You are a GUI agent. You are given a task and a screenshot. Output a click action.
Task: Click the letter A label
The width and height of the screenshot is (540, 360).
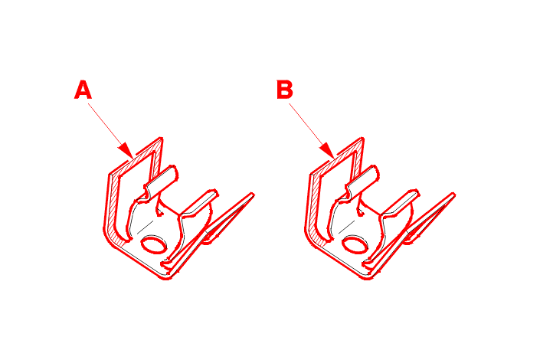(x=83, y=90)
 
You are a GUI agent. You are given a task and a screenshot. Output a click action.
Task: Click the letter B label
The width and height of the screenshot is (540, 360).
(x=285, y=90)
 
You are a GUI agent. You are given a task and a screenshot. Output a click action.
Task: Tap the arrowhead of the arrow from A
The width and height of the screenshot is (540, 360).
(x=126, y=151)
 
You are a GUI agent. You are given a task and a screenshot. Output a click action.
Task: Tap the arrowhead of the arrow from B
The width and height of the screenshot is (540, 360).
(x=328, y=151)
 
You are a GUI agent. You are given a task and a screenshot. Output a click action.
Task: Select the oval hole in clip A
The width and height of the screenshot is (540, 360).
(x=154, y=245)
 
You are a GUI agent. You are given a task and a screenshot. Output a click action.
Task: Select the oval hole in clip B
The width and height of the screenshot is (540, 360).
(x=355, y=245)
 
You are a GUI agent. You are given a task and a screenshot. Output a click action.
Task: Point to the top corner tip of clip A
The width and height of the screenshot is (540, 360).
(x=161, y=139)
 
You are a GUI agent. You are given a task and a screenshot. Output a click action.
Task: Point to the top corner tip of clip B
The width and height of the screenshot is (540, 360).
(x=362, y=139)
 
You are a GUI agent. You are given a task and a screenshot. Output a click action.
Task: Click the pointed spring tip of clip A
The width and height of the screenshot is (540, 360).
(x=253, y=195)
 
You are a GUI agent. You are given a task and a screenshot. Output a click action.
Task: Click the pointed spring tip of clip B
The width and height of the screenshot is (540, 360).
(x=454, y=195)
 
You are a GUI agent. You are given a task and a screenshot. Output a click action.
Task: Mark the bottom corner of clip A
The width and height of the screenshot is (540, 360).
(x=165, y=277)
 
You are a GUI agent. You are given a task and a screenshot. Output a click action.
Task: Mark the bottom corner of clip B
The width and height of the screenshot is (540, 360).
(x=367, y=277)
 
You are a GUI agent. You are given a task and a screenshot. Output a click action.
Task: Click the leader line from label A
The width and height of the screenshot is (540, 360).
(x=107, y=127)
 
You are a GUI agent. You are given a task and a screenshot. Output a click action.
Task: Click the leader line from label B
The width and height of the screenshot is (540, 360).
(x=309, y=127)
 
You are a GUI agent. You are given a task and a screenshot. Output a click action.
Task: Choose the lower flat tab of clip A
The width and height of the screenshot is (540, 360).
(x=200, y=203)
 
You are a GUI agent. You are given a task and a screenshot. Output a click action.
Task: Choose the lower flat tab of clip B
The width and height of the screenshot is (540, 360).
(x=401, y=203)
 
